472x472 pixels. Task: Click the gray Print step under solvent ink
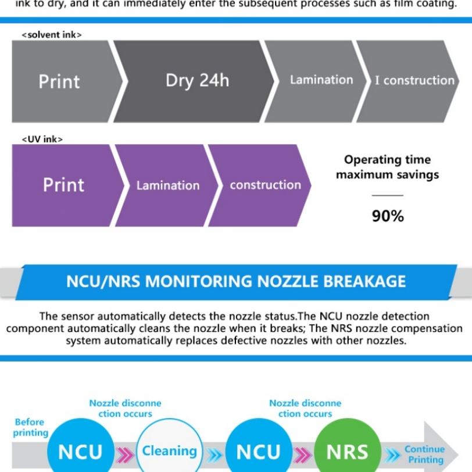point(59,81)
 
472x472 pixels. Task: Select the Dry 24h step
point(197,81)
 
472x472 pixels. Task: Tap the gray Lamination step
point(321,80)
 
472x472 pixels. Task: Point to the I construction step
point(414,81)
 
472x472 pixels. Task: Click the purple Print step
point(63,185)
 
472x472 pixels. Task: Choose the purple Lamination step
point(167,185)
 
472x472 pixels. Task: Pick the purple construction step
point(265,185)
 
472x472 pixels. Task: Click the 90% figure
point(388,216)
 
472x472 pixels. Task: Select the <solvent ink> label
point(52,35)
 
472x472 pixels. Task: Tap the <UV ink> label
point(42,139)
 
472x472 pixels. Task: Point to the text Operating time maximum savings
point(387,167)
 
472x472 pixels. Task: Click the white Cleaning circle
point(169,451)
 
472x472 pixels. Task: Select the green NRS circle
point(347,451)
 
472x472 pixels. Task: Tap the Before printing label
point(30,427)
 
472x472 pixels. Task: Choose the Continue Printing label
point(424,454)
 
